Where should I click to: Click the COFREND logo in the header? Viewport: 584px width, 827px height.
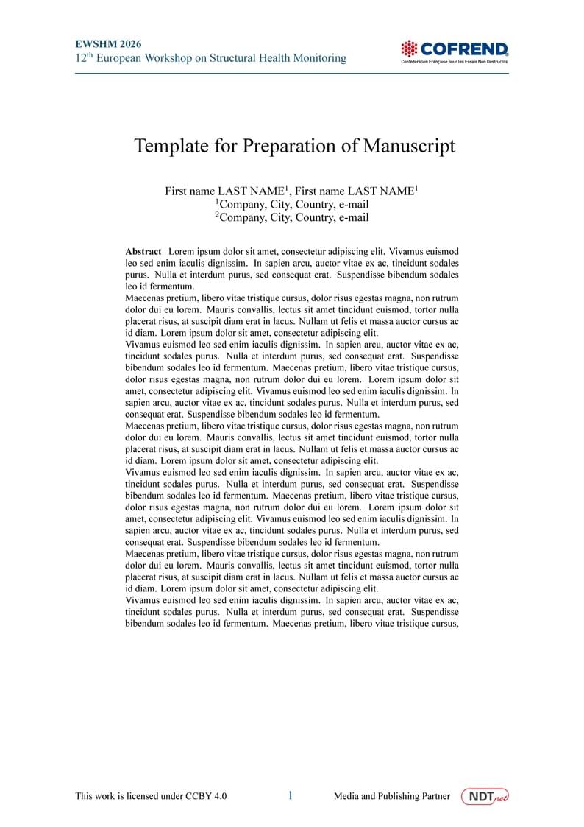454,50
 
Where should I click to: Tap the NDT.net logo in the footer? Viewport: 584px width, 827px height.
485,796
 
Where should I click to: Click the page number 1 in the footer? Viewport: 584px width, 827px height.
291,795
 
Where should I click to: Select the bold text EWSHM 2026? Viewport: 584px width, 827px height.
109,44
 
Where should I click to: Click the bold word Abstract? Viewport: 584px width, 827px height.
143,252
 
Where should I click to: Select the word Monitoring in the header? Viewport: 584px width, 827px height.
318,58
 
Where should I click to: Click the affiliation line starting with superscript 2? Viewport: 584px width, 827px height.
292,217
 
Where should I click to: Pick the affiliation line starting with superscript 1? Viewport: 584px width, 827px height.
292,204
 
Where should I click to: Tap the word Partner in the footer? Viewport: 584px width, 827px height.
434,796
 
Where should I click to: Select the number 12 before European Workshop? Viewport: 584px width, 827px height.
80,58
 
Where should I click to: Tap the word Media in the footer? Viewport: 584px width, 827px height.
346,796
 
